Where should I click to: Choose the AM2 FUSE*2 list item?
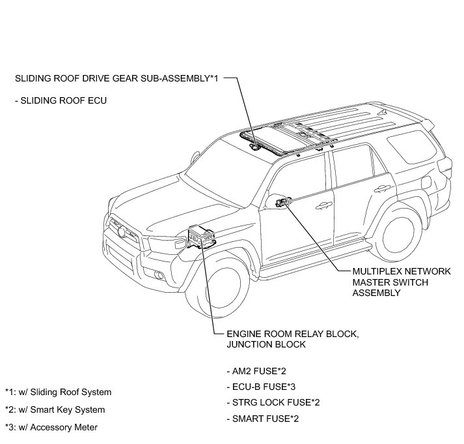coord(257,371)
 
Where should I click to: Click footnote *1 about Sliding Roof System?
coord(59,392)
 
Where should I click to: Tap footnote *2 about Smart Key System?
coord(55,410)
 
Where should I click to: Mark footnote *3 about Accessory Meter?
coord(51,428)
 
